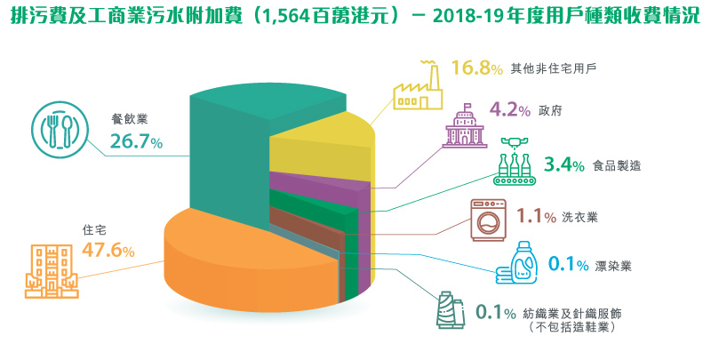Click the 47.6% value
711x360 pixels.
(108, 251)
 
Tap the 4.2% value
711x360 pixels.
(509, 110)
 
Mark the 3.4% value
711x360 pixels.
(563, 164)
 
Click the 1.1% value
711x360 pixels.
(535, 215)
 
